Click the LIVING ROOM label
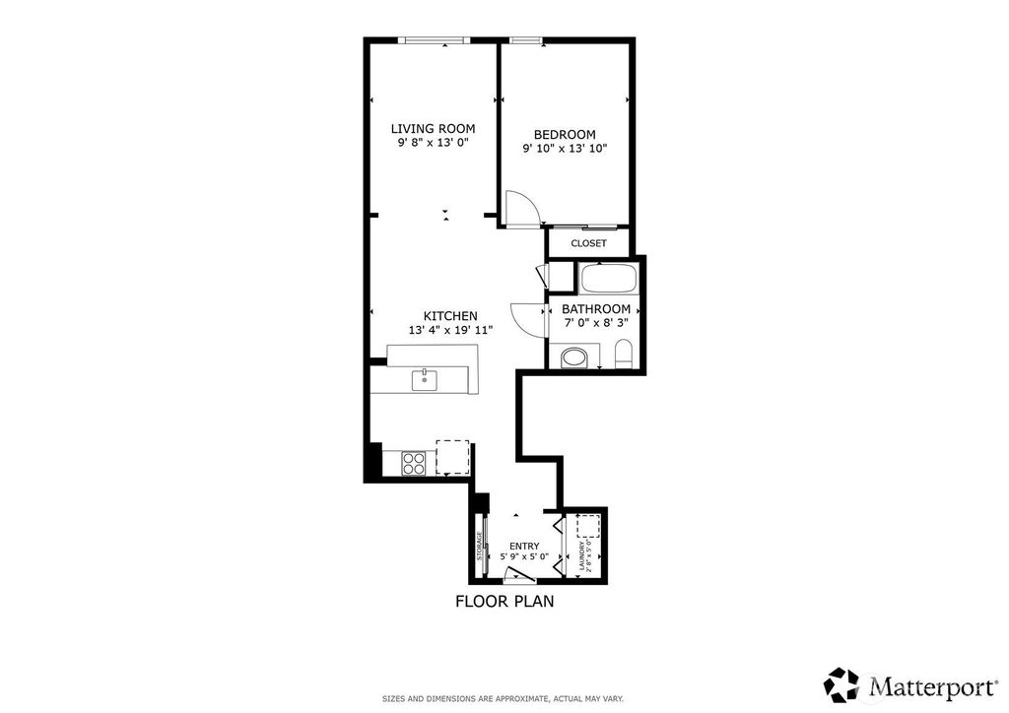pos(434,129)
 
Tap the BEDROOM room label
pos(565,134)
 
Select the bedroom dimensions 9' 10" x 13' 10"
pos(565,149)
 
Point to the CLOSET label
pos(589,243)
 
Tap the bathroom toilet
pos(624,355)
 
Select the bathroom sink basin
pos(574,357)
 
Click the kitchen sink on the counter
pos(424,380)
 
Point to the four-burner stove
pos(414,463)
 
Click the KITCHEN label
pos(450,316)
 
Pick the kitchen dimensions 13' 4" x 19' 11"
pos(450,331)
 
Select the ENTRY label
pos(524,546)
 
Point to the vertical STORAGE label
pos(480,546)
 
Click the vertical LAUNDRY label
pos(583,556)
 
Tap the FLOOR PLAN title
pos(504,602)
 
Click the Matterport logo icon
pos(841,684)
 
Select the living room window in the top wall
pos(434,40)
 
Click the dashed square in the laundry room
pos(588,525)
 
